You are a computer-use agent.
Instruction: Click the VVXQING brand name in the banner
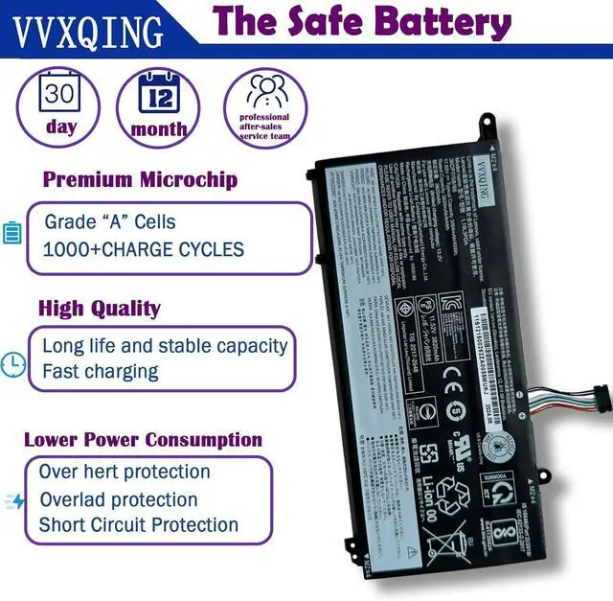coord(87,32)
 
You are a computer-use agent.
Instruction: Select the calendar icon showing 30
coord(59,94)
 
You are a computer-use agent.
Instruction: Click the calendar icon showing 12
coord(159,93)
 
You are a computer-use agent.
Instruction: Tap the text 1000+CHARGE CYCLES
coord(144,249)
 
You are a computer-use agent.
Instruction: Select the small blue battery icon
coord(12,233)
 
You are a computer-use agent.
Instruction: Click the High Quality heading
coord(99,309)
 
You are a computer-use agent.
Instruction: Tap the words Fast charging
coord(101,371)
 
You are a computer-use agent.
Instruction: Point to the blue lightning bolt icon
coord(16,500)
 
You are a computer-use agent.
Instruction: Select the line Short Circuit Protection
coord(139,524)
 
